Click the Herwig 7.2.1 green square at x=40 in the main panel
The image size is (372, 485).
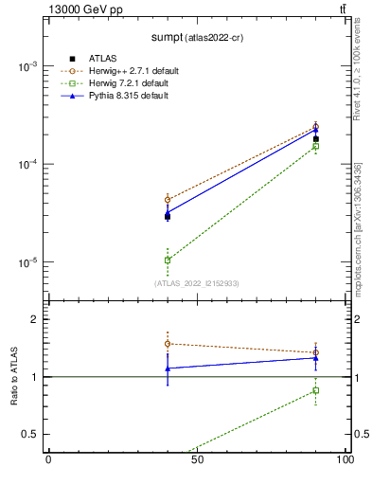click(x=168, y=260)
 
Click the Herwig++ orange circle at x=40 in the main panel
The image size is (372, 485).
click(x=168, y=200)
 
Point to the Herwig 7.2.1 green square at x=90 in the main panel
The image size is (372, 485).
click(x=316, y=146)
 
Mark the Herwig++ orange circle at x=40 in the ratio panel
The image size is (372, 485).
click(x=168, y=344)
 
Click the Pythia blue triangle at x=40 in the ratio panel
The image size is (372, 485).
click(x=168, y=368)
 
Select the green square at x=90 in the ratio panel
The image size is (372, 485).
click(x=316, y=390)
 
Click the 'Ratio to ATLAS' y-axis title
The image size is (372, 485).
click(x=15, y=376)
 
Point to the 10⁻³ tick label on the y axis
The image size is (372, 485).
click(x=27, y=66)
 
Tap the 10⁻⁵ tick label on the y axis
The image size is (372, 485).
click(x=27, y=262)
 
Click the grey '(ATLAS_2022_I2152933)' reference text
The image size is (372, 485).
click(x=197, y=282)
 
